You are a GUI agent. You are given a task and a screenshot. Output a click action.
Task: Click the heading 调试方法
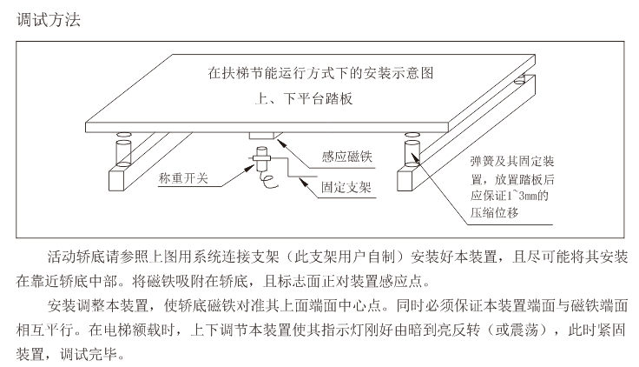click(49, 20)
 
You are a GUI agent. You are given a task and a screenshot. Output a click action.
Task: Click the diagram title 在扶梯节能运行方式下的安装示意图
click(320, 73)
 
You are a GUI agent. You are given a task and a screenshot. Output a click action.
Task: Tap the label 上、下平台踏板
click(303, 98)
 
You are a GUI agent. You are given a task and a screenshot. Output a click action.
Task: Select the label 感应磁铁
click(346, 157)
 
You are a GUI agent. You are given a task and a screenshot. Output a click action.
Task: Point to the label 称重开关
click(183, 178)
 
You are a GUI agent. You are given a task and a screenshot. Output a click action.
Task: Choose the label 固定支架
click(346, 187)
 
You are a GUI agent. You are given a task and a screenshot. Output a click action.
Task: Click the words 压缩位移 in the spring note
click(494, 213)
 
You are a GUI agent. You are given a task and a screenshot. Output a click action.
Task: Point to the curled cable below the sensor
click(267, 180)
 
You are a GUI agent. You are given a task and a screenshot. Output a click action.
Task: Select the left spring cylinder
click(123, 153)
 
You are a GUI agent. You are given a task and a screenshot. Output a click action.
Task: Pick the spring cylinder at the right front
click(412, 153)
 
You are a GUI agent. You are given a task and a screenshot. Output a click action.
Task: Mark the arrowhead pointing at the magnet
click(280, 143)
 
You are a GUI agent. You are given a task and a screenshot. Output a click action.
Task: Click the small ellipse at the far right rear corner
click(520, 81)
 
